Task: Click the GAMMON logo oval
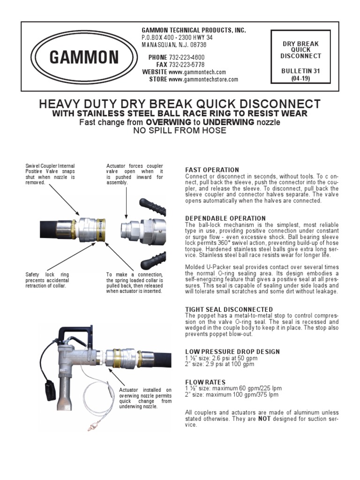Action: point(84,58)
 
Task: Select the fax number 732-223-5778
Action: point(187,65)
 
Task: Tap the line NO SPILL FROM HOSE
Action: point(180,131)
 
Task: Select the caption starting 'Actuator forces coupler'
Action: point(135,174)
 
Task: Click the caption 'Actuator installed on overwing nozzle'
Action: point(145,398)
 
